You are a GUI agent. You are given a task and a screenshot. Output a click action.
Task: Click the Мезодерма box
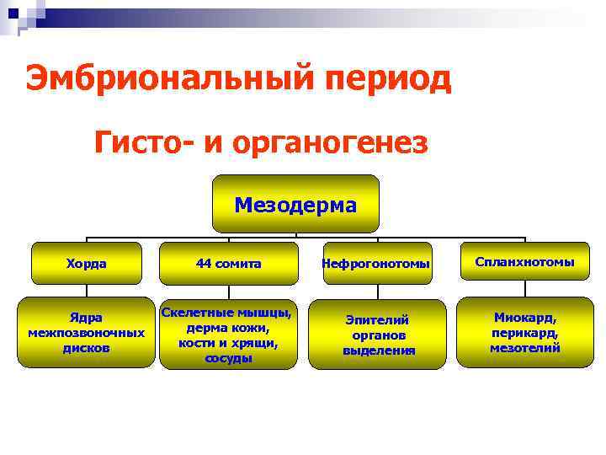click(x=295, y=204)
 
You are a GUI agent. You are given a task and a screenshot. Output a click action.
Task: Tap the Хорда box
click(x=87, y=263)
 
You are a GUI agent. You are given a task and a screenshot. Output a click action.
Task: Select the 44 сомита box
click(x=228, y=263)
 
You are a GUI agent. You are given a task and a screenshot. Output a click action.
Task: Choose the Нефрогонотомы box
click(x=376, y=264)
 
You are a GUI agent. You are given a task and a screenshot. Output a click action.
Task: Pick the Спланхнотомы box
click(x=524, y=262)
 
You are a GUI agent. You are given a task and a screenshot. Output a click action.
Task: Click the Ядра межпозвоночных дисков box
click(x=87, y=332)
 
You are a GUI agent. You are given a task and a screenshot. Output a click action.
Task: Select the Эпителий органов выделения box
click(x=377, y=335)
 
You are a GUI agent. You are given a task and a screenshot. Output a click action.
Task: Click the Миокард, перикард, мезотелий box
click(x=524, y=332)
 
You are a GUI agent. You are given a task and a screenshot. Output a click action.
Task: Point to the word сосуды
click(x=228, y=358)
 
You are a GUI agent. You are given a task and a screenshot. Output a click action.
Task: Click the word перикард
click(x=524, y=333)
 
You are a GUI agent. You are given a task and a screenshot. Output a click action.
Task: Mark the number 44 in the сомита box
click(x=204, y=263)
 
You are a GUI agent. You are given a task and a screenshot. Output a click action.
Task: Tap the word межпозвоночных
click(x=87, y=333)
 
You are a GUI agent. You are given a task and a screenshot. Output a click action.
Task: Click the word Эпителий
click(x=378, y=319)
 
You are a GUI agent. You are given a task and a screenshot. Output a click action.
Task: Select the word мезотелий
click(x=524, y=348)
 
